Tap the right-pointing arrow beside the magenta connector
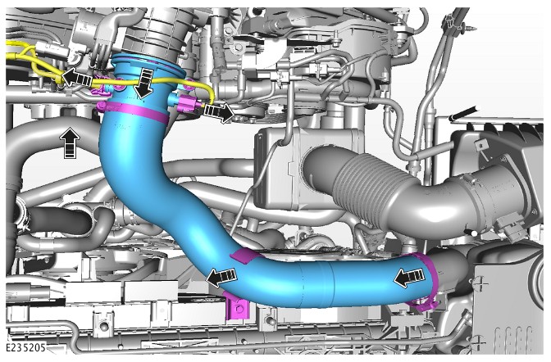[219, 112]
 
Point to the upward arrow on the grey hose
[70, 143]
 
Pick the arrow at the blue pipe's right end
[408, 278]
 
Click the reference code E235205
[26, 347]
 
